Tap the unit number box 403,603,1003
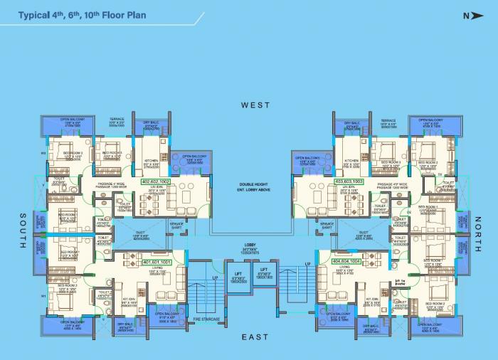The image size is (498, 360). (349, 182)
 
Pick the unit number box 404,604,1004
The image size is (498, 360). (346, 262)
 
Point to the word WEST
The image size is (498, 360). (255, 105)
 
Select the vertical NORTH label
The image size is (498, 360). (477, 235)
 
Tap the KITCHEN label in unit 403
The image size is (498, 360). (351, 161)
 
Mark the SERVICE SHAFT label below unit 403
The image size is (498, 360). (327, 226)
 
